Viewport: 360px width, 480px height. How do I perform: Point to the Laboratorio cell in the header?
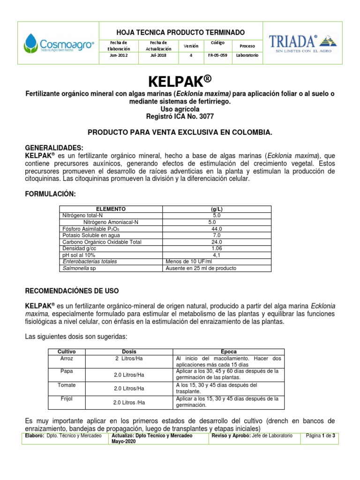(247, 55)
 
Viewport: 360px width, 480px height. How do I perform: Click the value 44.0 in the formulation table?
(217, 229)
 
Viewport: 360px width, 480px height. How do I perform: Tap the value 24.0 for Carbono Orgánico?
(217, 242)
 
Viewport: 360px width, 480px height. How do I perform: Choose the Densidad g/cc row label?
(79, 248)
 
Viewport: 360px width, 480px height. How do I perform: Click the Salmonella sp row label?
(79, 269)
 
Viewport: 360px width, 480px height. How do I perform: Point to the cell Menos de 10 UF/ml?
(187, 262)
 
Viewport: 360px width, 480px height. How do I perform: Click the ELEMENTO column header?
(111, 209)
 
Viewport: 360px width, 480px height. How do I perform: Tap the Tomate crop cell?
(66, 385)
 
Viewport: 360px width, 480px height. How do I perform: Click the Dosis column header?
(129, 351)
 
